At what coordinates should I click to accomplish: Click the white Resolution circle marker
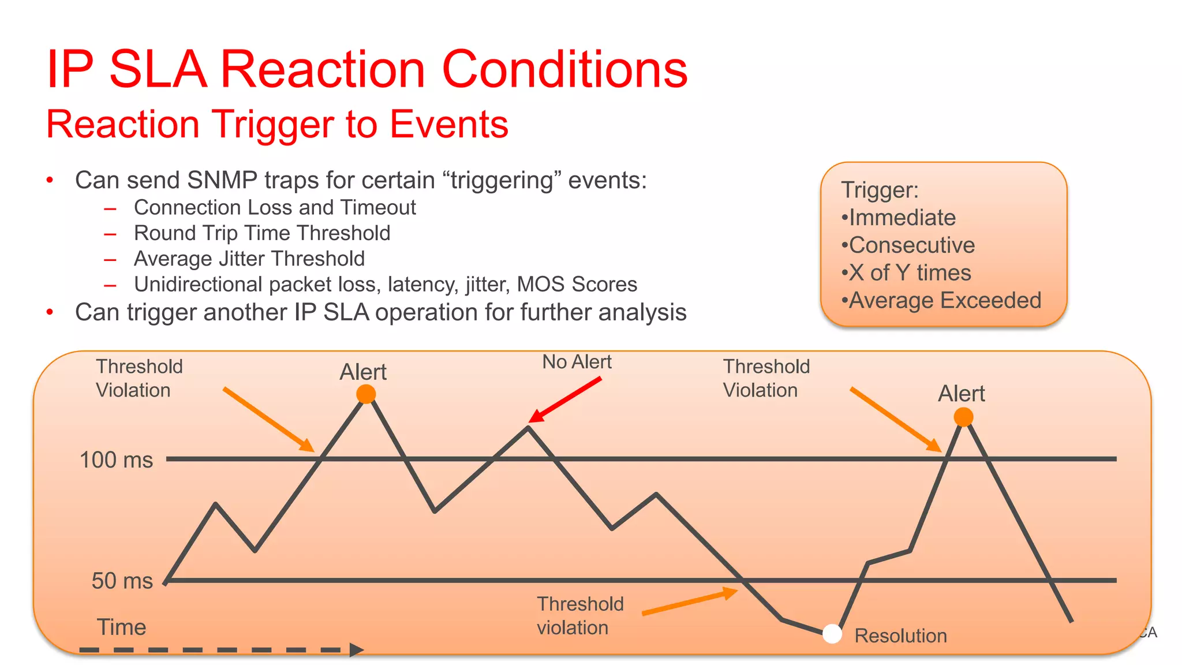[x=832, y=633]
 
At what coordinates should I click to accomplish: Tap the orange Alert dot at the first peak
[x=366, y=394]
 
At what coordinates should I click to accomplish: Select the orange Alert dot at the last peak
[x=963, y=417]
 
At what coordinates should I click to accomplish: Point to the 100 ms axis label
[x=116, y=460]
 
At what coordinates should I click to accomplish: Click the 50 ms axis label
[x=122, y=581]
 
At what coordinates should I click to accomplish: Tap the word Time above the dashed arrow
[x=121, y=627]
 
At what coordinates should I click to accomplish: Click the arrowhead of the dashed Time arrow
[x=356, y=650]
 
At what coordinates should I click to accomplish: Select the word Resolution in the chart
[x=900, y=636]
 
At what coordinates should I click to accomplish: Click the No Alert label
[x=577, y=362]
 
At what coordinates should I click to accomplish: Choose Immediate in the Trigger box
[x=902, y=218]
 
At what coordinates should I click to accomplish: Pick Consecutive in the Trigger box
[x=911, y=245]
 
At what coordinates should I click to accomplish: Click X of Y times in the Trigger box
[x=909, y=272]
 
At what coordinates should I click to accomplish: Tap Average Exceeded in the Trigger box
[x=944, y=300]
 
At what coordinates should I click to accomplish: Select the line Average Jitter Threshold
[x=249, y=259]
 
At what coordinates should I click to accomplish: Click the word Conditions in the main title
[x=564, y=69]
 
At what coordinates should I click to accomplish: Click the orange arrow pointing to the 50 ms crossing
[x=690, y=602]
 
